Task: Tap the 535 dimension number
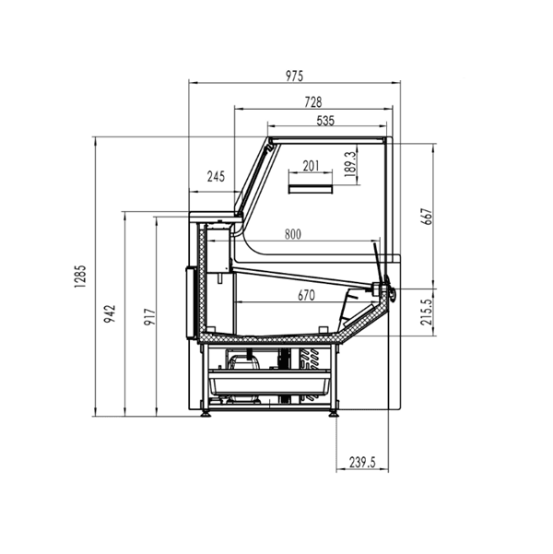(x=325, y=120)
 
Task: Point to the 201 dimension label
(x=311, y=166)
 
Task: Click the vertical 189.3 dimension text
(x=349, y=166)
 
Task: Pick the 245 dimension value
(x=216, y=176)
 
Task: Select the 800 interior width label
(x=292, y=234)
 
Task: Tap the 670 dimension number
(x=307, y=296)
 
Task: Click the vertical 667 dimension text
(x=426, y=215)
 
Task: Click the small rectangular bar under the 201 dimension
(x=312, y=189)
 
